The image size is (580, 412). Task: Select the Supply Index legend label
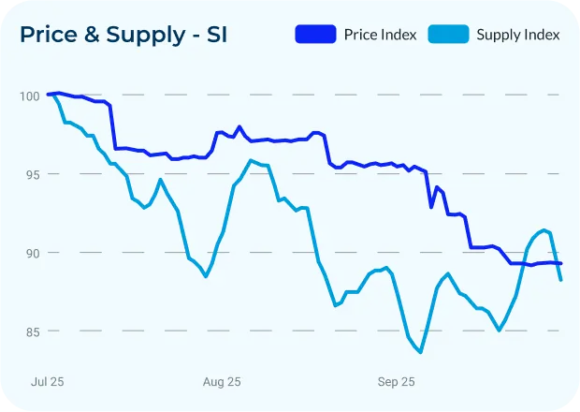click(x=517, y=35)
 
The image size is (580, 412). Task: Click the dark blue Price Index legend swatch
click(x=315, y=35)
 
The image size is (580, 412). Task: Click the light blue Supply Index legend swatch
click(x=448, y=35)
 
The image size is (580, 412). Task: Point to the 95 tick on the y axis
click(x=28, y=174)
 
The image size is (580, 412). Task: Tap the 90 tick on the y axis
click(x=28, y=253)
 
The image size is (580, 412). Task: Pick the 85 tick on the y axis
click(x=28, y=331)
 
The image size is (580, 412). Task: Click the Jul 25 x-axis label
click(x=48, y=382)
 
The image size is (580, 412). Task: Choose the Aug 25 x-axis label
click(x=222, y=382)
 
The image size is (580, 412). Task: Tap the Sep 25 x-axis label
click(x=396, y=382)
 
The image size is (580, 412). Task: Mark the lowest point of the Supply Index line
click(x=421, y=352)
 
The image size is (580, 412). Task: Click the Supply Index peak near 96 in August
click(x=251, y=161)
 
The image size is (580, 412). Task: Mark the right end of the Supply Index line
click(x=560, y=280)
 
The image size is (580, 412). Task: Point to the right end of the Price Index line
click(x=560, y=264)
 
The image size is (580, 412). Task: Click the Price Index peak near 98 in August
click(x=239, y=126)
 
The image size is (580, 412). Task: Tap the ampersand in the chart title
click(x=96, y=36)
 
